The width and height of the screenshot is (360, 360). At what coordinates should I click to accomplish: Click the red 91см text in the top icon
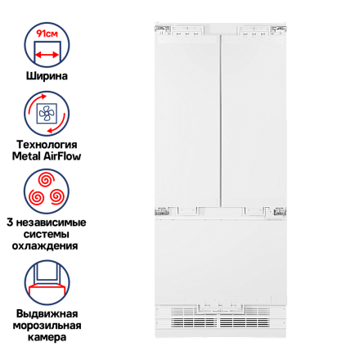pyautogui.click(x=47, y=34)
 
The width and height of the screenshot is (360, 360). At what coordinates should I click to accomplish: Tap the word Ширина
pyautogui.click(x=47, y=76)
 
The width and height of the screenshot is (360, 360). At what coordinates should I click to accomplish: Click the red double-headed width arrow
pyautogui.click(x=47, y=55)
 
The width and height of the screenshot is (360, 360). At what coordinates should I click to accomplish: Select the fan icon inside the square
pyautogui.click(x=47, y=114)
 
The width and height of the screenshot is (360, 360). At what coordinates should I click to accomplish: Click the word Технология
pyautogui.click(x=47, y=145)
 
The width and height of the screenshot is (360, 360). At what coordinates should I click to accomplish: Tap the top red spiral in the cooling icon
pyautogui.click(x=47, y=179)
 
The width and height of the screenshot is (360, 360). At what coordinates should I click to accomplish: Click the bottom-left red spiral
pyautogui.click(x=37, y=197)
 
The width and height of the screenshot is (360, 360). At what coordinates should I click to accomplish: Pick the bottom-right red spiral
pyautogui.click(x=57, y=197)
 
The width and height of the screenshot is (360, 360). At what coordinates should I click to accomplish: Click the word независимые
pyautogui.click(x=51, y=223)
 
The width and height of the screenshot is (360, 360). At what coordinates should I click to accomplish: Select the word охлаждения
pyautogui.click(x=45, y=246)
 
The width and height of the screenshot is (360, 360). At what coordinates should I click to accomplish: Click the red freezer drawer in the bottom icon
pyautogui.click(x=47, y=289)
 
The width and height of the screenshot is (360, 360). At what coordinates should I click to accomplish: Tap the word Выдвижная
pyautogui.click(x=47, y=313)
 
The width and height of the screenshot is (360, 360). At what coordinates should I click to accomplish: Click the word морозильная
pyautogui.click(x=47, y=326)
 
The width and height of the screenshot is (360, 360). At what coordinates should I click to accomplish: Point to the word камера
pyautogui.click(x=47, y=337)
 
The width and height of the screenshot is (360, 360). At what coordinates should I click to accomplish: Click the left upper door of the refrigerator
pyautogui.click(x=187, y=121)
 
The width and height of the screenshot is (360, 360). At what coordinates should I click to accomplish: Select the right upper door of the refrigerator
pyautogui.click(x=253, y=121)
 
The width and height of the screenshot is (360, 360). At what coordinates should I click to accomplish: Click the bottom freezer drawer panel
pyautogui.click(x=220, y=260)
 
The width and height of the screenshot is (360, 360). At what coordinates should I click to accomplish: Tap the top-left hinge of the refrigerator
pyautogui.click(x=163, y=29)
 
